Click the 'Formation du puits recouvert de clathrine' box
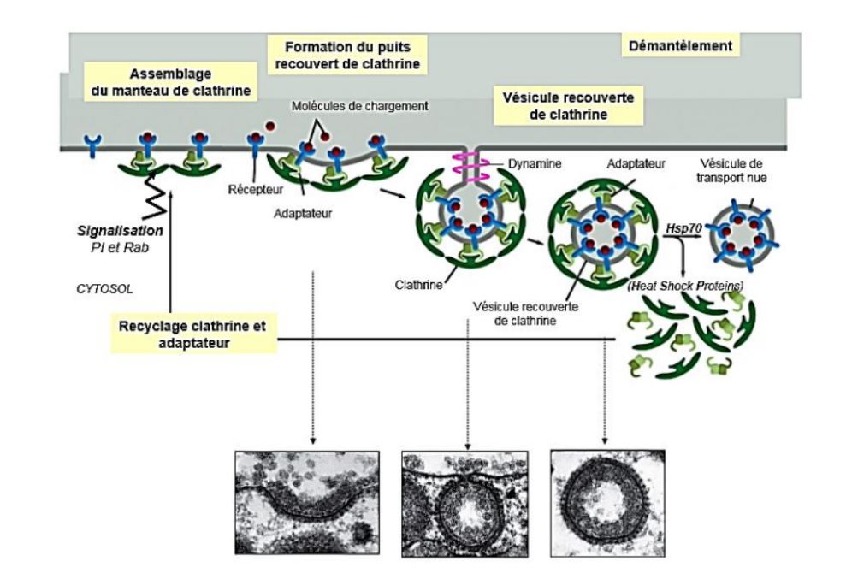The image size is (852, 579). click(346, 53)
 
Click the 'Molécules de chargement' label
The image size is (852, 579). click(341, 105)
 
